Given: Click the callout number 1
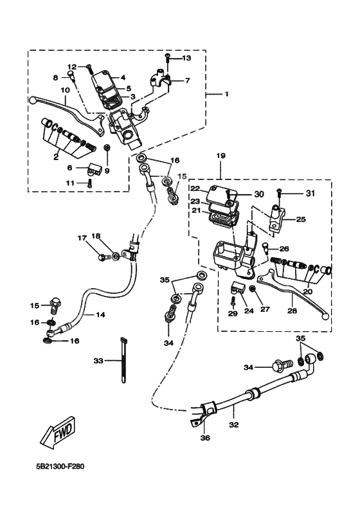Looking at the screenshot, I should (x=226, y=95).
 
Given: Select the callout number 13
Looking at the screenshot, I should (x=186, y=59).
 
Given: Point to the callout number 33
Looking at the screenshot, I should (x=98, y=360).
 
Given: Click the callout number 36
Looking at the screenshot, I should (x=204, y=439).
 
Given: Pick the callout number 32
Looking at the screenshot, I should (x=233, y=425).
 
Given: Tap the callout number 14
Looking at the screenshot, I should (x=100, y=315).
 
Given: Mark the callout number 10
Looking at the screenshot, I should (x=65, y=91).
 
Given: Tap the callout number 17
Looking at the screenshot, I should (x=82, y=238).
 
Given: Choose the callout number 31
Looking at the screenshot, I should (x=311, y=193).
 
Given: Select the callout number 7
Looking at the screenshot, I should (x=188, y=81).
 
